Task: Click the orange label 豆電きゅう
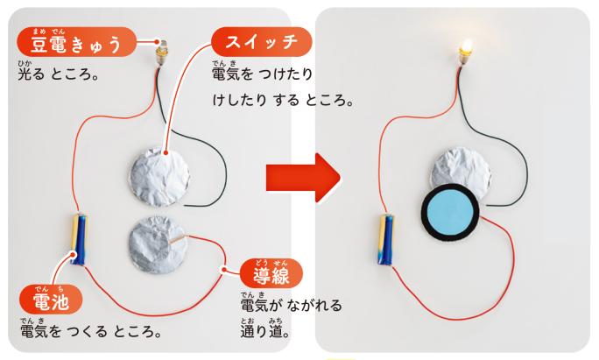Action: click(x=76, y=42)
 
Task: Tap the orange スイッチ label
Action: click(x=262, y=42)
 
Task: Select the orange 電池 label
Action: click(x=51, y=300)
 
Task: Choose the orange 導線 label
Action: click(x=271, y=273)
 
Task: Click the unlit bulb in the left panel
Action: click(x=162, y=53)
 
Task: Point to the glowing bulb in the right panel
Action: click(x=465, y=52)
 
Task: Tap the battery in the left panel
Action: click(x=79, y=239)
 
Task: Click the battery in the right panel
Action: click(x=385, y=240)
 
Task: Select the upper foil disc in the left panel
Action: click(x=159, y=177)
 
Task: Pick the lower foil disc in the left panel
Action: click(x=158, y=244)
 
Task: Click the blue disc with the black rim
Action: click(x=450, y=212)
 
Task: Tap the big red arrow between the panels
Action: click(x=303, y=178)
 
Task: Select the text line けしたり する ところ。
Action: click(x=283, y=100)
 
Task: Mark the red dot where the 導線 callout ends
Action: click(x=224, y=270)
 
